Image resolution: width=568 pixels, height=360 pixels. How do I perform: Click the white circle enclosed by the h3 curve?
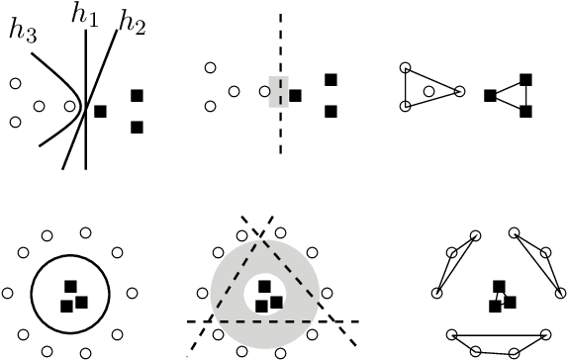pos(39,106)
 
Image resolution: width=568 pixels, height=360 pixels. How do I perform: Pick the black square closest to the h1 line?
pos(101,112)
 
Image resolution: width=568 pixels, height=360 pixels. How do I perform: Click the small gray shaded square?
pos(278,90)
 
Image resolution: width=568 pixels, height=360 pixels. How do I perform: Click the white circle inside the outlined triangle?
pos(428,91)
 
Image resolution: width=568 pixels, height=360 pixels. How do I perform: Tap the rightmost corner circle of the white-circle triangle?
pos(460,92)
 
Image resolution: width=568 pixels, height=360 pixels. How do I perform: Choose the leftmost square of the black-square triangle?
pos(490,95)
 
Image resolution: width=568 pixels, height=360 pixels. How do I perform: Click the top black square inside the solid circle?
pos(70,287)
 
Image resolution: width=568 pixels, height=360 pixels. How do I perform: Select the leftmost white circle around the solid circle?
pos(8,294)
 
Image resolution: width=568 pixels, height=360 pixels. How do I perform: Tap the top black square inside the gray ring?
pos(263,287)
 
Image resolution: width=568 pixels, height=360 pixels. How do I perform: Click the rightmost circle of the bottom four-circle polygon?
pos(547,333)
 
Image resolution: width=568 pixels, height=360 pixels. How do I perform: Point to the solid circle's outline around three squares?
pos(31,293)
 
